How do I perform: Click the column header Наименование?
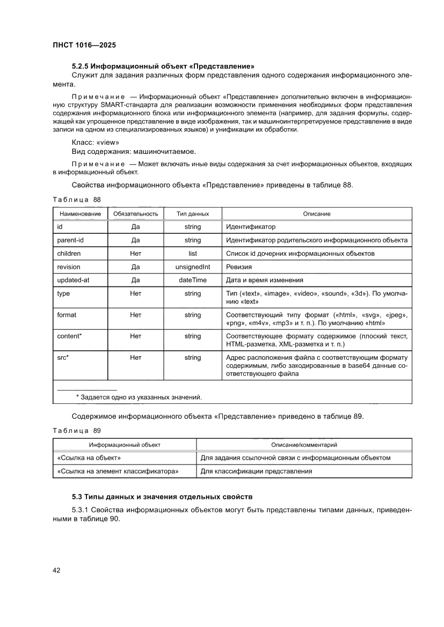coord(80,214)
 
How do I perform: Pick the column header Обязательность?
coord(135,214)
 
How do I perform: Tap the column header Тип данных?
coord(193,214)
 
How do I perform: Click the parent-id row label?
coord(70,240)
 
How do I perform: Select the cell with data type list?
coord(193,254)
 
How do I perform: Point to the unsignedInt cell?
coord(193,267)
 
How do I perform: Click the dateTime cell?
coord(193,280)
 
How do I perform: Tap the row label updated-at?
coord(72,280)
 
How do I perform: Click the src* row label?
coord(63,358)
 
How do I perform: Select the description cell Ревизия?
coord(239,267)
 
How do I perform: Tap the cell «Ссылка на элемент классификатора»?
coord(118,471)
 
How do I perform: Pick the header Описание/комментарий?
coord(304,445)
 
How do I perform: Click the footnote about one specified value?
coord(139,397)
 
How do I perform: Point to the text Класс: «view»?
coord(96,143)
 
